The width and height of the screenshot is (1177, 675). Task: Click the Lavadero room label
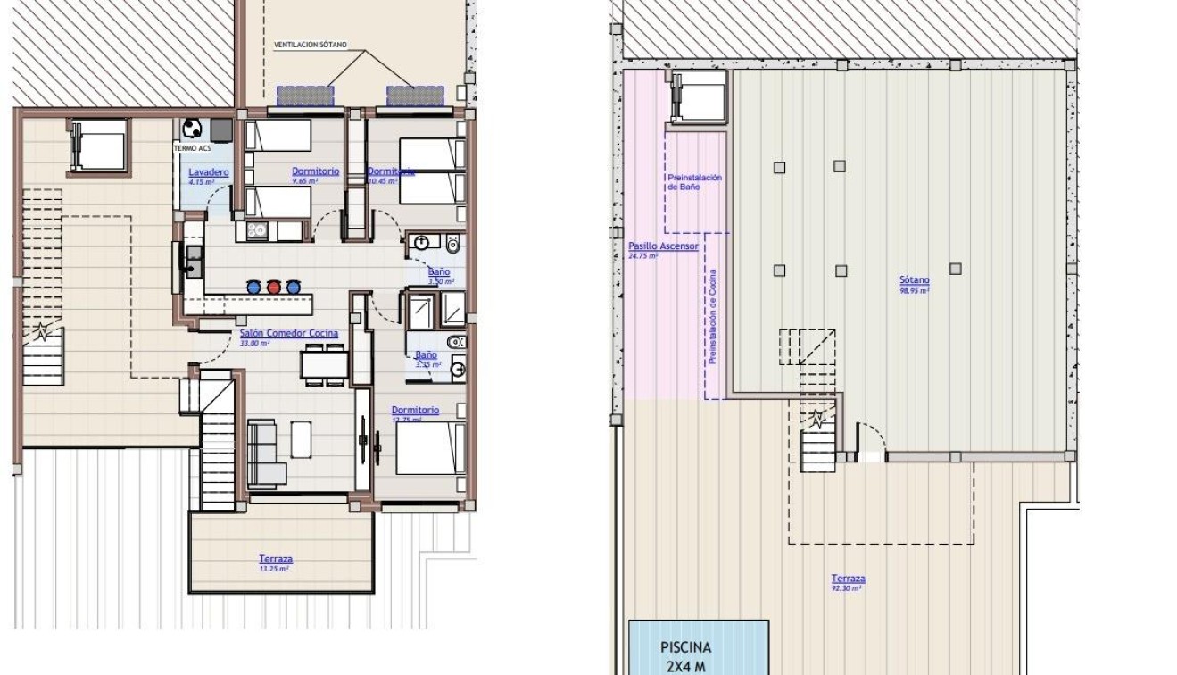click(x=209, y=171)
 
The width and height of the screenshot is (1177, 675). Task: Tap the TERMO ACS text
click(x=193, y=148)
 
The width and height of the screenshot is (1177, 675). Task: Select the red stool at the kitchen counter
click(x=274, y=287)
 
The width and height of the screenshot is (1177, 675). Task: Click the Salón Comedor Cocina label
click(x=288, y=333)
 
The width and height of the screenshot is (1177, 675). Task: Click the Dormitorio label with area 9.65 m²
click(x=315, y=171)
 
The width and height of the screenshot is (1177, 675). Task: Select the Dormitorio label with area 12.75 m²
click(x=415, y=411)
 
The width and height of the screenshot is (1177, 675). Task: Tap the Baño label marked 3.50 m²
click(x=438, y=271)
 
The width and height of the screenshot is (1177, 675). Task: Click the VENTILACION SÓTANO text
click(x=310, y=45)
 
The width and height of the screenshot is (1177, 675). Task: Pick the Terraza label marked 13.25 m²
click(x=275, y=560)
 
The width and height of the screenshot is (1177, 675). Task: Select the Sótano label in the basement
click(x=914, y=280)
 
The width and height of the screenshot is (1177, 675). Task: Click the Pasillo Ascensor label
click(x=663, y=246)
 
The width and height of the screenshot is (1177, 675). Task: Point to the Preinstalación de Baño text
click(x=694, y=182)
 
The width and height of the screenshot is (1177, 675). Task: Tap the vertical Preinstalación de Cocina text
click(x=713, y=317)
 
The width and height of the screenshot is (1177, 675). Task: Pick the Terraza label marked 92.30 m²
click(x=847, y=579)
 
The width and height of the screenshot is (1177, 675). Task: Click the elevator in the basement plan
click(x=699, y=96)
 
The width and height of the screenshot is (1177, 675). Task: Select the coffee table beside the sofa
click(x=301, y=438)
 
